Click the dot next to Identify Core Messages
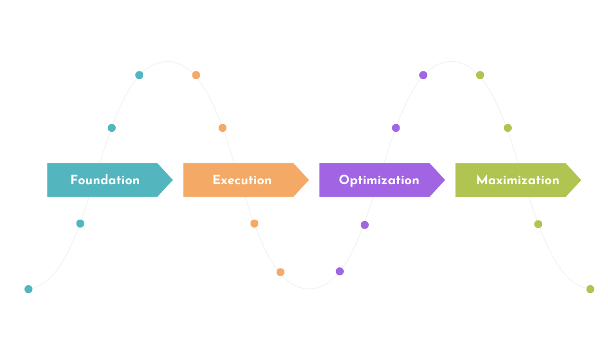coord(28,289)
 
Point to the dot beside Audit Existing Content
coord(140,75)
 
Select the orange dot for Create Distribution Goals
coord(196,75)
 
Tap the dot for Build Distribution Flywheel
coord(280,272)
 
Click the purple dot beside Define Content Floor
coord(340,271)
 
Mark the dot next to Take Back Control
coord(590,289)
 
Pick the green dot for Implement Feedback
coord(480,75)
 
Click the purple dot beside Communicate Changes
coord(423,75)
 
